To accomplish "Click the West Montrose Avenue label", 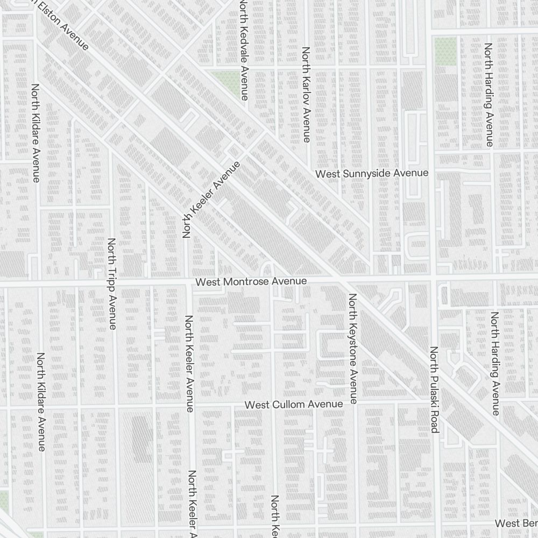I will click(x=251, y=281).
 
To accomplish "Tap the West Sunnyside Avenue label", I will click(x=372, y=173).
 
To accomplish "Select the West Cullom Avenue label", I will click(x=293, y=404).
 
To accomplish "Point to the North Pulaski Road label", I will click(x=435, y=390).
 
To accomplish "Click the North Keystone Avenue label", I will click(x=353, y=349).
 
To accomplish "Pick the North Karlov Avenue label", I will click(x=306, y=95).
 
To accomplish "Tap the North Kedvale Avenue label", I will click(x=244, y=49).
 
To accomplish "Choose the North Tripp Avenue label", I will click(x=112, y=284).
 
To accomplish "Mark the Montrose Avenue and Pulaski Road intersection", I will click(x=433, y=279).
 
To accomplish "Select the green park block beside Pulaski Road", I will click(x=445, y=52).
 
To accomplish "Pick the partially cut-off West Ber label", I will click(x=515, y=523).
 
